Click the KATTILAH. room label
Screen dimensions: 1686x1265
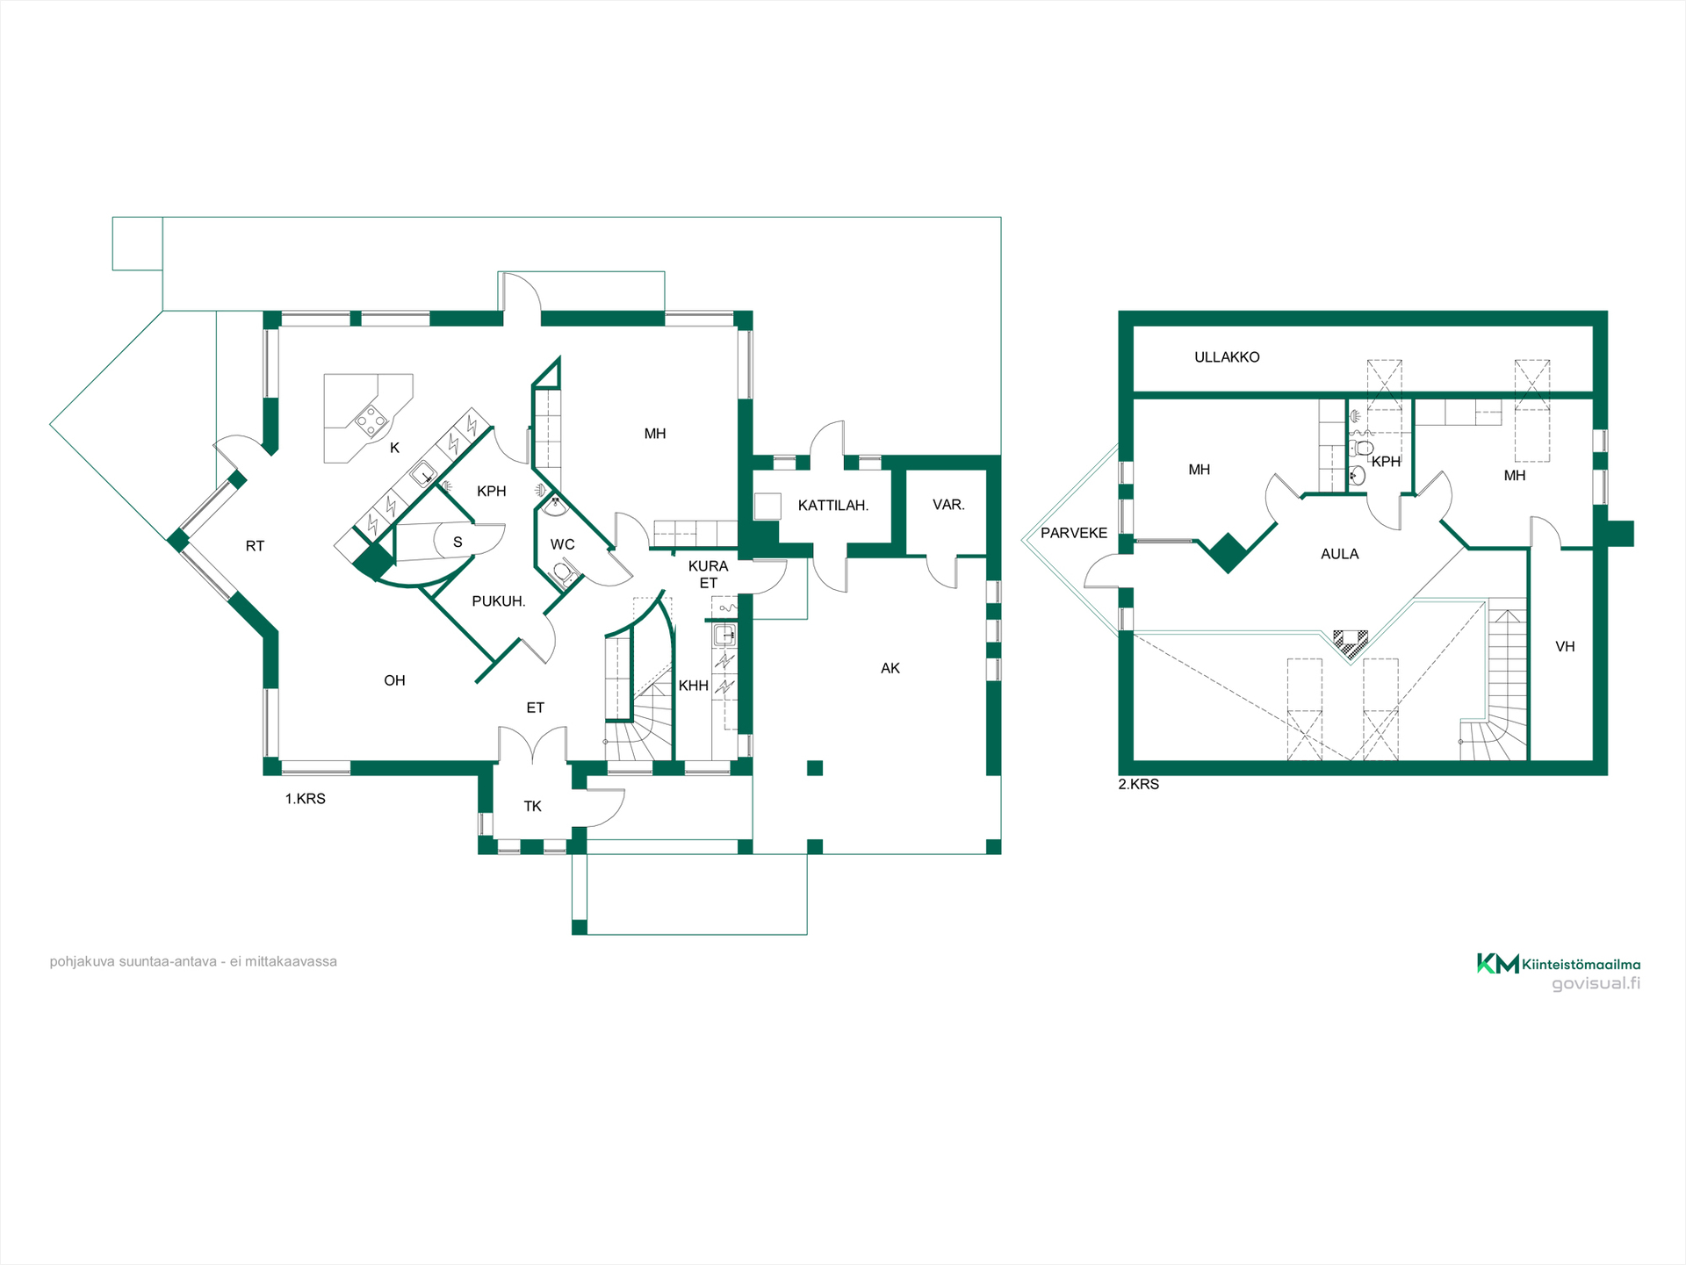pos(832,506)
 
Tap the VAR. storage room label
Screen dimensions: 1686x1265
pos(948,505)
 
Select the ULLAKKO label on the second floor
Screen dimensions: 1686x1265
pos(1227,357)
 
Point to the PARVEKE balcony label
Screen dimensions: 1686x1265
pos(1074,533)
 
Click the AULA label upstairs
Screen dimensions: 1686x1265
pos(1340,554)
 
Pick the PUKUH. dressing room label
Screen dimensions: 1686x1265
pos(499,601)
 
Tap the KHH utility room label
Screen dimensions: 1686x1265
pos(694,686)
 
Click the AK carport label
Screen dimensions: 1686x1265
pos(890,668)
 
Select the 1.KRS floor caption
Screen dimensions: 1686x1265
pos(306,799)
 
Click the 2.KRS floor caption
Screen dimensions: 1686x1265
pos(1139,784)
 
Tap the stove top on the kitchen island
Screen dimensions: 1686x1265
pos(371,421)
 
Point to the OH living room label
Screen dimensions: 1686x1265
pos(394,680)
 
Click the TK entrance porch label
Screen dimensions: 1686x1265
pos(533,806)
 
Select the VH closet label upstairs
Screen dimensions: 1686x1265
pos(1565,647)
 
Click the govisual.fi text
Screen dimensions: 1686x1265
pos(1596,983)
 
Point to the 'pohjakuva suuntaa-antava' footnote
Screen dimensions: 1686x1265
pos(193,961)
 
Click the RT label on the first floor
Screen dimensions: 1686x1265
pos(255,546)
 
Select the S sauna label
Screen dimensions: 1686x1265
pos(458,543)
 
